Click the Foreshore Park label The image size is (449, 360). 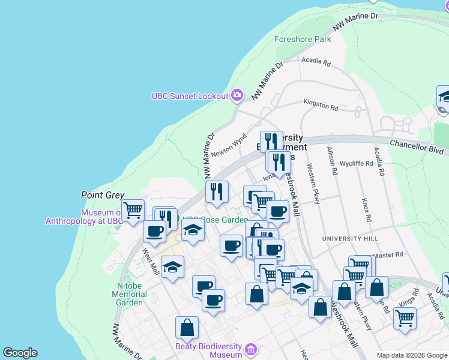tap(303, 40)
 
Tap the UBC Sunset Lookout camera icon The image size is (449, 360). tap(237, 95)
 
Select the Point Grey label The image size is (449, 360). tap(103, 195)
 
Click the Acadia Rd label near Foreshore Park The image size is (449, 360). tap(316, 61)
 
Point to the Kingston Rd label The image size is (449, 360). tap(321, 105)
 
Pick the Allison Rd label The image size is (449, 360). tap(331, 160)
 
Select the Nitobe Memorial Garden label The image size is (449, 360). tap(129, 295)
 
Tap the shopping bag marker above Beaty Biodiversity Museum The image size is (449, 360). tap(187, 328)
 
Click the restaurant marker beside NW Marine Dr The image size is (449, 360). tap(217, 191)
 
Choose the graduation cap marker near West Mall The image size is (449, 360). tap(172, 267)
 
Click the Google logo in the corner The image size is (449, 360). tap(20, 353)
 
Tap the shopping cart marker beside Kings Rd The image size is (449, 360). tap(405, 319)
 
